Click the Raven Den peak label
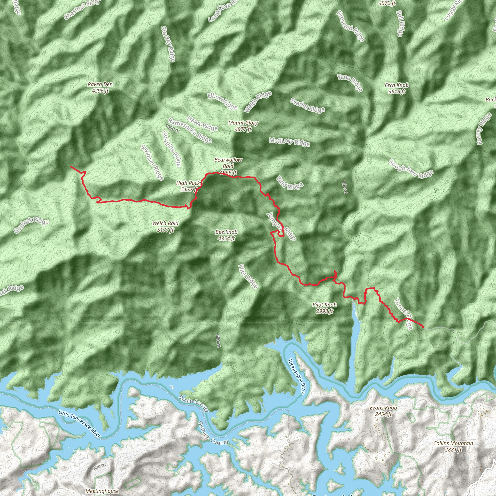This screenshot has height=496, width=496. pyautogui.click(x=100, y=87)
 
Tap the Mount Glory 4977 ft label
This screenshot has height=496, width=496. pyautogui.click(x=243, y=126)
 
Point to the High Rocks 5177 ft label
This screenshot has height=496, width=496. pyautogui.click(x=189, y=186)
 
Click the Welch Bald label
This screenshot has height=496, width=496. pyautogui.click(x=165, y=227)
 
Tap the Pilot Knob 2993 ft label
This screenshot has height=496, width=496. pyautogui.click(x=325, y=308)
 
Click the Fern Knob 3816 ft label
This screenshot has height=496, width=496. pyautogui.click(x=397, y=88)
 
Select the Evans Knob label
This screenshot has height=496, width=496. pyautogui.click(x=383, y=411)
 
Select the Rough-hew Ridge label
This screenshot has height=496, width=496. pyautogui.click(x=411, y=169)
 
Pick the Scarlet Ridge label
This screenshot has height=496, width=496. pyautogui.click(x=307, y=106)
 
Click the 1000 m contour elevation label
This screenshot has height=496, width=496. pyautogui.click(x=172, y=128)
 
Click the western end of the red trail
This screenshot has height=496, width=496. pyautogui.click(x=71, y=167)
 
